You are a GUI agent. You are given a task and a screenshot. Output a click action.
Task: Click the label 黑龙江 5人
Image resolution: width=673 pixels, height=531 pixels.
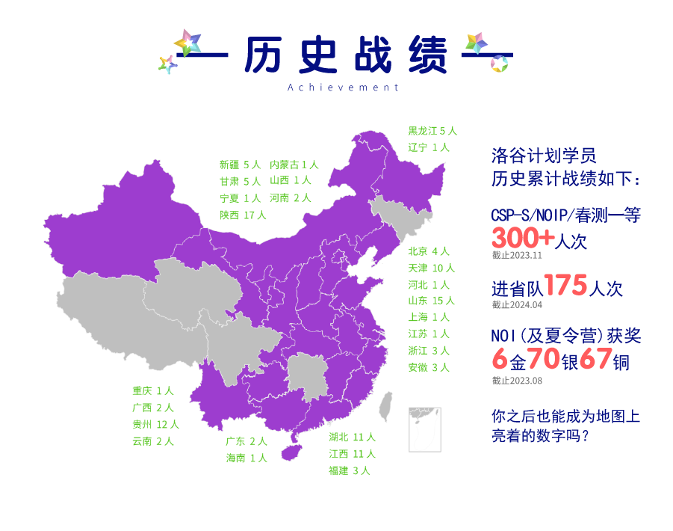point(431,131)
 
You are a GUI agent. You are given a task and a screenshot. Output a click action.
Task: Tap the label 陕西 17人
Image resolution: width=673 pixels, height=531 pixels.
point(243,215)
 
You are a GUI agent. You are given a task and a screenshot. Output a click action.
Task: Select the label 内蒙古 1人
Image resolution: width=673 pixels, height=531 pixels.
point(294,165)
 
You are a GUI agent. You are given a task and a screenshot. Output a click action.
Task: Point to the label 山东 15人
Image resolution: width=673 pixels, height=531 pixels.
point(431,301)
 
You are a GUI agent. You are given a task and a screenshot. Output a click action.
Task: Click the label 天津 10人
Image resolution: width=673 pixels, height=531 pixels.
point(431,268)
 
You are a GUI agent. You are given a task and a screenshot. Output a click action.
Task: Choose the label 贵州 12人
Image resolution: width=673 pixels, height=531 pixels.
point(155,425)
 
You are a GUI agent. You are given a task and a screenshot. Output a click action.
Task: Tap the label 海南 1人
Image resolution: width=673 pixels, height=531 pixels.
point(246,458)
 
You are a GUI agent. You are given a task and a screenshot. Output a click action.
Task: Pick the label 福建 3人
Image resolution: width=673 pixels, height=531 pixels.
point(349,470)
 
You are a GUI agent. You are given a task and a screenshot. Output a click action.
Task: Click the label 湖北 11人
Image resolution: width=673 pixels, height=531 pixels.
point(352,437)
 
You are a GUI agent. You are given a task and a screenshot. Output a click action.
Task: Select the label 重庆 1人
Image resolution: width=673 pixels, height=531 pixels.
point(153,391)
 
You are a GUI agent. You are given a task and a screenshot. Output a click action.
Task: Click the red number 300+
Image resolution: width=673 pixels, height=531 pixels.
point(523,239)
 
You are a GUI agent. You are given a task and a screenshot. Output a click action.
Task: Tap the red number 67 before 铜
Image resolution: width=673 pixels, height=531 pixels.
point(595,360)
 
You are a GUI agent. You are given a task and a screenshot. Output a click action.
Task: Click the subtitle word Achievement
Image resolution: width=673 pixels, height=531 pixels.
point(343,88)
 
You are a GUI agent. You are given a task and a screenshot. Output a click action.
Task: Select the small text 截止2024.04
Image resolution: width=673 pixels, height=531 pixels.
point(516,305)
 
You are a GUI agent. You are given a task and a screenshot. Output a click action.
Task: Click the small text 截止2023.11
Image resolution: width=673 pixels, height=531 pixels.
point(516,255)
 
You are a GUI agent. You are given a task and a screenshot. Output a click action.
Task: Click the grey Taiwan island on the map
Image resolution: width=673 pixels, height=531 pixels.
point(385,406)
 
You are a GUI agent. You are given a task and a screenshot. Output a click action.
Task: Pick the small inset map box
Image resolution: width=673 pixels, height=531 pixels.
point(424,429)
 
